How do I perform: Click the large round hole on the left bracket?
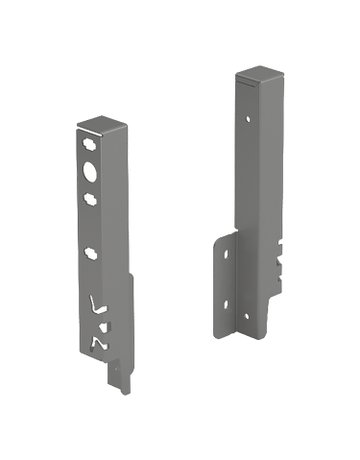93,171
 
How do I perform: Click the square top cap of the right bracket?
256,78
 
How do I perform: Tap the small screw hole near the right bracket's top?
245,117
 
